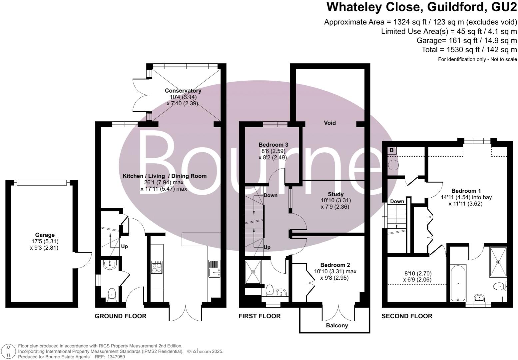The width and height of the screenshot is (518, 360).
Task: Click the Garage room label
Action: coord(45,235)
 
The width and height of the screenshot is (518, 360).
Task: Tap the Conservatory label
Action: coord(183,91)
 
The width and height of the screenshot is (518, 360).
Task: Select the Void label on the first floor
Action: coord(330,123)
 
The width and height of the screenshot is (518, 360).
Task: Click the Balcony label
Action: coord(337,325)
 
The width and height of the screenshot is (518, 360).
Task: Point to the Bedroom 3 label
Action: coord(273,145)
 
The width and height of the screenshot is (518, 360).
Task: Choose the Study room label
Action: coord(335,194)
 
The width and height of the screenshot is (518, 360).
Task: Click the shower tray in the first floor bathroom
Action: coord(253,272)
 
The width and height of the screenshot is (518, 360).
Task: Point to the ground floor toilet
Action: coord(112,294)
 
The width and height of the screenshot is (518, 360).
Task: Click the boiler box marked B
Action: coord(392,150)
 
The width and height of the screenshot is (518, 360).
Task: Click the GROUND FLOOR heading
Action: coord(121,316)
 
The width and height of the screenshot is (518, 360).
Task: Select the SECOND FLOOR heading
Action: coord(407,316)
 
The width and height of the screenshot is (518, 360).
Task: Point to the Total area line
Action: coord(469,50)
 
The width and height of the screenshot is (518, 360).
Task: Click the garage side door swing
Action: coord(85,258)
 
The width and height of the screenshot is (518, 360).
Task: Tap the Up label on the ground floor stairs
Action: coord(124,247)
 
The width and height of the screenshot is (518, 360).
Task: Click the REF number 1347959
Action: coord(115,357)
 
